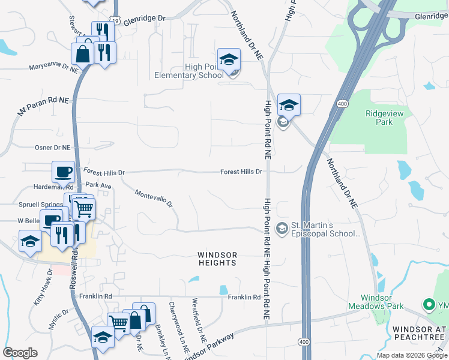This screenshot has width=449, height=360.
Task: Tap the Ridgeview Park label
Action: [379, 118]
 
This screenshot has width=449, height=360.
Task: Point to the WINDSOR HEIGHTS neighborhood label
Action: [217, 259]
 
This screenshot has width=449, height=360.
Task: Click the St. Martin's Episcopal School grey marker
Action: [281, 229]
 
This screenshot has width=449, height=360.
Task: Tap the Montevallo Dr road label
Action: [153, 199]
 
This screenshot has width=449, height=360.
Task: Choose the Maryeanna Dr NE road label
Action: [54, 68]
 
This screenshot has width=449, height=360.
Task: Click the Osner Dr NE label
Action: [52, 147]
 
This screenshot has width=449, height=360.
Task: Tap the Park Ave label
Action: [98, 186]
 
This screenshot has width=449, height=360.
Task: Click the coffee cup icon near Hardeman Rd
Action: [64, 172]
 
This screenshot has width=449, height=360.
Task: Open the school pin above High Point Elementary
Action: [229, 59]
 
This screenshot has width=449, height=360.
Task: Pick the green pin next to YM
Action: [429, 305]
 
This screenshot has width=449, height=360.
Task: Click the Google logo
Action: [20, 353]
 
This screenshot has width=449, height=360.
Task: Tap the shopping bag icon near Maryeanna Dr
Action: [83, 55]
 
